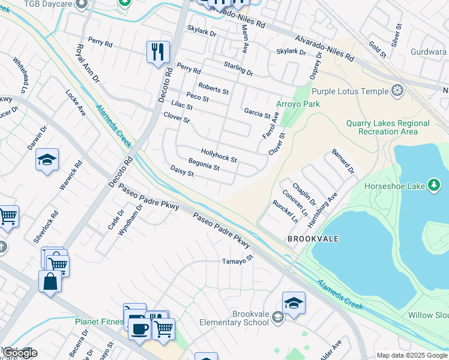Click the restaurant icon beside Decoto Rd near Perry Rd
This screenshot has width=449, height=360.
coord(158,52)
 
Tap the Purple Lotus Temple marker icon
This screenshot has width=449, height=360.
coord(396,91)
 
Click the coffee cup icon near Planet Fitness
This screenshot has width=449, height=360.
coord(139,329)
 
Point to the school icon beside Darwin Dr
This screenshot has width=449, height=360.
coord(47,160)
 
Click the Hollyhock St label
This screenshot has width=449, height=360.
coord(219,157)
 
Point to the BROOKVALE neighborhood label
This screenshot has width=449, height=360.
coord(313,239)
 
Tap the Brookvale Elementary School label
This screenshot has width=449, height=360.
coord(250,318)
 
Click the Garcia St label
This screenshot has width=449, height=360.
coord(258,113)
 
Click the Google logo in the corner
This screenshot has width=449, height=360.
coord(19,353)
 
